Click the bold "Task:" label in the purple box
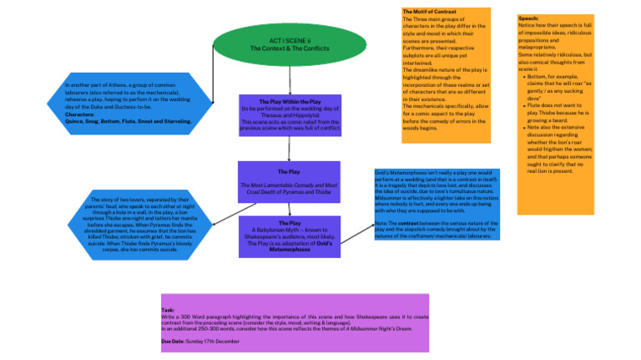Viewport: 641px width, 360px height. pos(168,310)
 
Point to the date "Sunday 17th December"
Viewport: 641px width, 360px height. pos(212,342)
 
